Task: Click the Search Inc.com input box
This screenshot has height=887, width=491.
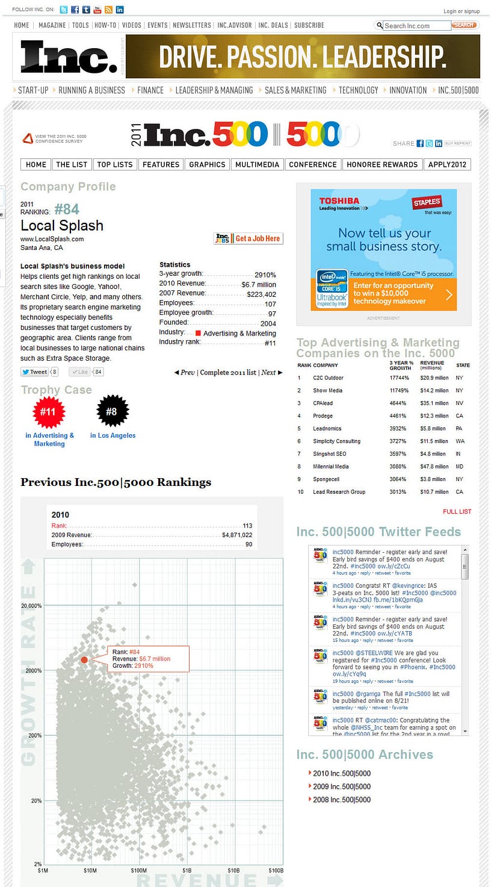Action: [x=416, y=26]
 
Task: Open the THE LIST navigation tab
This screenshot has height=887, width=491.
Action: [x=72, y=164]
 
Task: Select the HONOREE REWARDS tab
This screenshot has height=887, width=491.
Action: [x=382, y=164]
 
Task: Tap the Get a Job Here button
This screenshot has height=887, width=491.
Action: [x=248, y=238]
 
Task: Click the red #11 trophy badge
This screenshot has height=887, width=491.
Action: [x=48, y=412]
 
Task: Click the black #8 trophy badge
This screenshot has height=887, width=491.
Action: [x=112, y=412]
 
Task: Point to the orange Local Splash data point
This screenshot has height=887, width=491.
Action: [x=84, y=660]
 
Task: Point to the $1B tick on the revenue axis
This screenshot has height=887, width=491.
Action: [x=187, y=871]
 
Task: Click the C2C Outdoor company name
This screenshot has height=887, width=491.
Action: [x=328, y=378]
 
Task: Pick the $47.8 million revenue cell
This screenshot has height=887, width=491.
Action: [x=434, y=467]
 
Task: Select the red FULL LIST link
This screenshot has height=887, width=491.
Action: [x=457, y=512]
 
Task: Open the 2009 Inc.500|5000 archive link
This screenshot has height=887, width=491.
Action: [x=342, y=786]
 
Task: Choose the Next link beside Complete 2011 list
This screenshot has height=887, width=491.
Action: [x=268, y=373]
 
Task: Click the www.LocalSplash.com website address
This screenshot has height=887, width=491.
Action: [x=52, y=239]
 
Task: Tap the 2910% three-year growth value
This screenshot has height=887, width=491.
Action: [x=265, y=275]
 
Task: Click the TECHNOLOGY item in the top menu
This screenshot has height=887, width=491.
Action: [x=358, y=90]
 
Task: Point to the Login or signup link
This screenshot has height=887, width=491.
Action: [x=462, y=11]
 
